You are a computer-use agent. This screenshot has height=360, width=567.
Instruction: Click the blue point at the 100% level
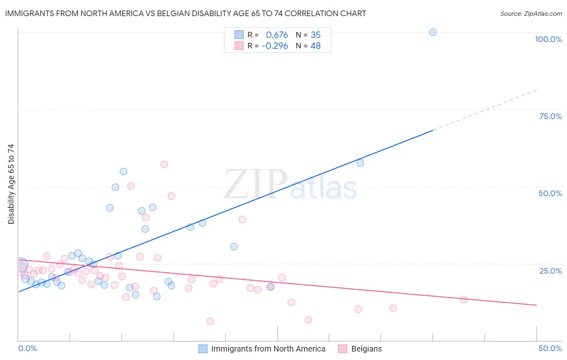click(433, 32)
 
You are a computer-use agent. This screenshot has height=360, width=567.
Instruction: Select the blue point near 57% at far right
click(360, 163)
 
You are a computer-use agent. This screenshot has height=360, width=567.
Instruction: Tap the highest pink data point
click(164, 164)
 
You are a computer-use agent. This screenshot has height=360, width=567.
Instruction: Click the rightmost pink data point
click(463, 299)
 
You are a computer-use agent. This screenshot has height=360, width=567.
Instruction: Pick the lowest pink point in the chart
click(210, 321)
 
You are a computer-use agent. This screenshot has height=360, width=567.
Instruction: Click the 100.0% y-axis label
click(548, 39)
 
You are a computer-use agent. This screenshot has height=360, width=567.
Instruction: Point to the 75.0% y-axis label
click(550, 116)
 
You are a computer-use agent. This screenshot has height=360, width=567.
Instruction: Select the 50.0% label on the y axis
click(550, 193)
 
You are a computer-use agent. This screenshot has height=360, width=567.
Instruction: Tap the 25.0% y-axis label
click(550, 271)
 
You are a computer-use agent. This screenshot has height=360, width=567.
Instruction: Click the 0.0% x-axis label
click(27, 348)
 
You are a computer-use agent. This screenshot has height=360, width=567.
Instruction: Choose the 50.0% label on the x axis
click(550, 348)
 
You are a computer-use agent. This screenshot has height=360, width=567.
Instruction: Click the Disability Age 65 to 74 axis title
click(11, 184)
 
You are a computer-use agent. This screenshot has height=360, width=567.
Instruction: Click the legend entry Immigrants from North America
click(268, 349)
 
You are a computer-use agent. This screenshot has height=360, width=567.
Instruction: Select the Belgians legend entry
click(366, 349)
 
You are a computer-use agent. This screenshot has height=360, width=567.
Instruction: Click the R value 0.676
click(277, 35)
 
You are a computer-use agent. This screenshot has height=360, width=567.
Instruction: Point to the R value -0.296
click(275, 46)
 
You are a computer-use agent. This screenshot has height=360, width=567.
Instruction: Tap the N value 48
click(315, 46)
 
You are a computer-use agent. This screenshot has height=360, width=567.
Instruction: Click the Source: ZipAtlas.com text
click(531, 14)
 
